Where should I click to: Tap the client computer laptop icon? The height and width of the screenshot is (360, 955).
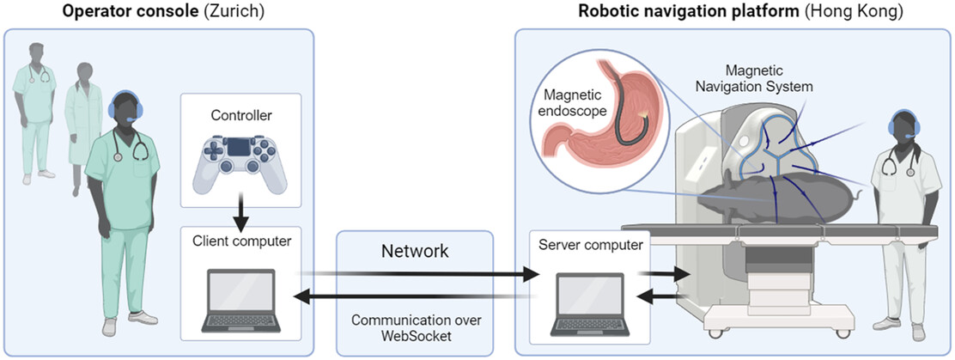point(240,302)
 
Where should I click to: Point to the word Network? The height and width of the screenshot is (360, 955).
point(415,250)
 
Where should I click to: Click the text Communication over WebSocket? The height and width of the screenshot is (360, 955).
point(415,326)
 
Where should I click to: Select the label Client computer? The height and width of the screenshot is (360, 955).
point(240,241)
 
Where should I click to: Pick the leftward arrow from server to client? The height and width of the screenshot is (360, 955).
point(412,296)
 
